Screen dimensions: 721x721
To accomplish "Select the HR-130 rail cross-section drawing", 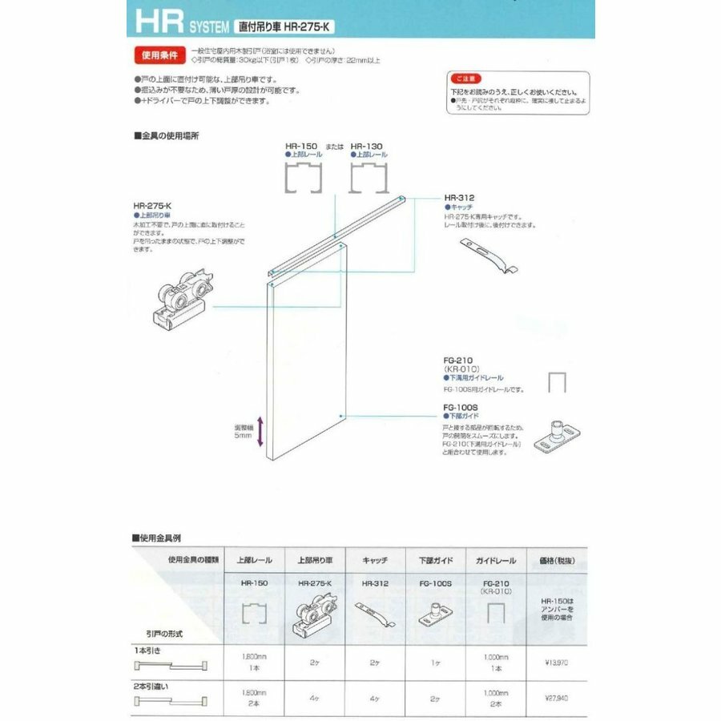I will click(x=369, y=176).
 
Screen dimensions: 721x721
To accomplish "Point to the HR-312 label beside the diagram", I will click(x=461, y=197).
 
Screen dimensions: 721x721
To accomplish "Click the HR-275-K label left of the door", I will click(x=152, y=206).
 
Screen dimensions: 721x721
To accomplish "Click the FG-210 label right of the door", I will click(x=457, y=360).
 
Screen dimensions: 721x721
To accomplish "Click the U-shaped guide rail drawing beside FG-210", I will click(x=557, y=382).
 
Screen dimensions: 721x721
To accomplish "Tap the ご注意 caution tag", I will click(x=466, y=79).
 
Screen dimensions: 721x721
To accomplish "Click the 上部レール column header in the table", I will click(x=254, y=561).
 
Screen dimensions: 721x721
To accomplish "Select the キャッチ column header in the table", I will click(x=375, y=561).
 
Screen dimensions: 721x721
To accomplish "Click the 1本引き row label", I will click(x=149, y=650).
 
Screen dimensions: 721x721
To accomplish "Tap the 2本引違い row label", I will click(x=152, y=686).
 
